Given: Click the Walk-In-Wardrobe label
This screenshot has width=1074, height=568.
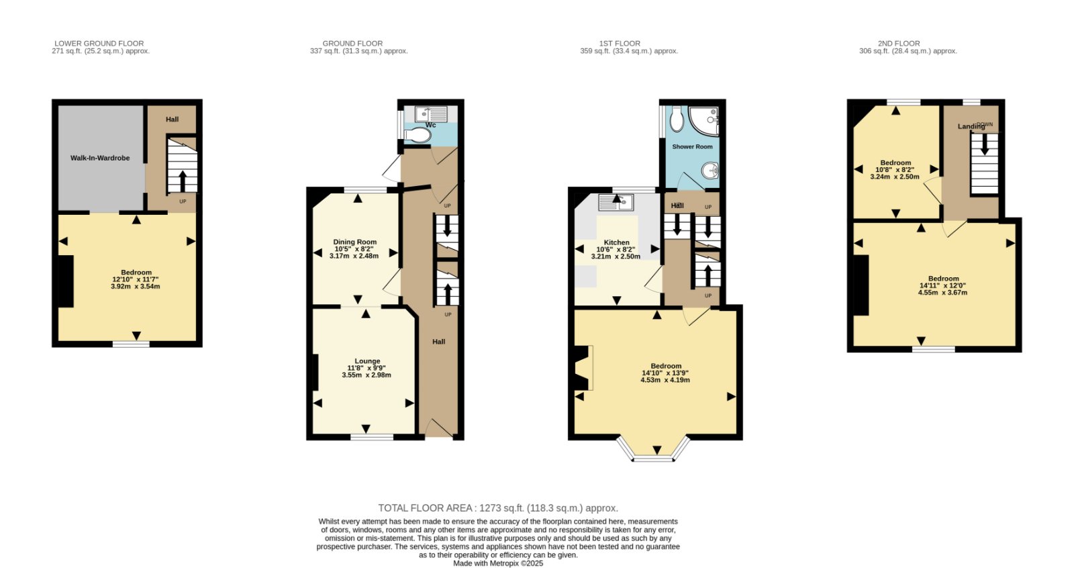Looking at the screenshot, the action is point(100,158).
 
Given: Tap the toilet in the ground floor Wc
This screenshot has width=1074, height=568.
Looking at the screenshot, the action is point(417,136).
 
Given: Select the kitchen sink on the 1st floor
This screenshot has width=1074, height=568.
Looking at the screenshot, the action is point(616,203).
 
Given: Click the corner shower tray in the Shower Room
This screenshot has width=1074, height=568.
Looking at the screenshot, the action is point(704,121).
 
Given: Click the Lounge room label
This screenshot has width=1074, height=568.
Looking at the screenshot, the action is point(367,361).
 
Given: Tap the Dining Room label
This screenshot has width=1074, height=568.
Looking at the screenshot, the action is point(355,242).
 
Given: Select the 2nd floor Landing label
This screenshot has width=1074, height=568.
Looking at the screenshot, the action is point(971,127).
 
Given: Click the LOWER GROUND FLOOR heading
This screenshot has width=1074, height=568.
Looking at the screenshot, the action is point(99,43).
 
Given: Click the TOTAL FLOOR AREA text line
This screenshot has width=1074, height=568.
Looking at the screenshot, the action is point(497,508).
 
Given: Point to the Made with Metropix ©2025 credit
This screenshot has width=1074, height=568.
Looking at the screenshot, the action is point(498,563).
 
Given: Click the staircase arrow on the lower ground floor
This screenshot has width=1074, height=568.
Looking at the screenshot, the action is point(183,181).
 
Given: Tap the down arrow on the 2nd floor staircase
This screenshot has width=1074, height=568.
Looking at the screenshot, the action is point(984,144).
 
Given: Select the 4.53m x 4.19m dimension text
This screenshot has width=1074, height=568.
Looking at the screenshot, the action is point(665,380).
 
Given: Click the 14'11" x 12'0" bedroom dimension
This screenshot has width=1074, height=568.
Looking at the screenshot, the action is point(940,285).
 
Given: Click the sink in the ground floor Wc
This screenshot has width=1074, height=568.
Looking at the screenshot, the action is point(430,114).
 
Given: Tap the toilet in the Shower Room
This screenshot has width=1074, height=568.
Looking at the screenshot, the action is point(677,120).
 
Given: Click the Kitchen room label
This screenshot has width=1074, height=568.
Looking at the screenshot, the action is point(616,243).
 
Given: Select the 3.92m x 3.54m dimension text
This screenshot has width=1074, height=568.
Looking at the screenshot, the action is point(135,287).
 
